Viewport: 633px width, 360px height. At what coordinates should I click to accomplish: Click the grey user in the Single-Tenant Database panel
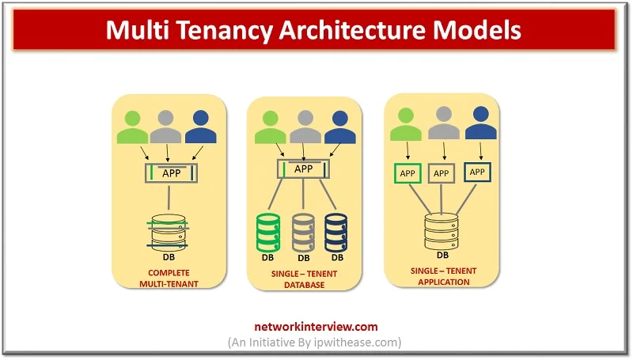[x=304, y=127]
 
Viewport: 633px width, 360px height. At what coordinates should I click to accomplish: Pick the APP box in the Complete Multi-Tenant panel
[x=169, y=173]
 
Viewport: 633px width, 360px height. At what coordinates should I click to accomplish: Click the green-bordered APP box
[x=407, y=172]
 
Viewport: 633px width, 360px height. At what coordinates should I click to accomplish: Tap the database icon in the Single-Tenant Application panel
[x=442, y=227]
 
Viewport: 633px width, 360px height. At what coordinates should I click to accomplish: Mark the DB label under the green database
[x=270, y=257]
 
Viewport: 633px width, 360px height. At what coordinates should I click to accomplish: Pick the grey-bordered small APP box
[x=442, y=172]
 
